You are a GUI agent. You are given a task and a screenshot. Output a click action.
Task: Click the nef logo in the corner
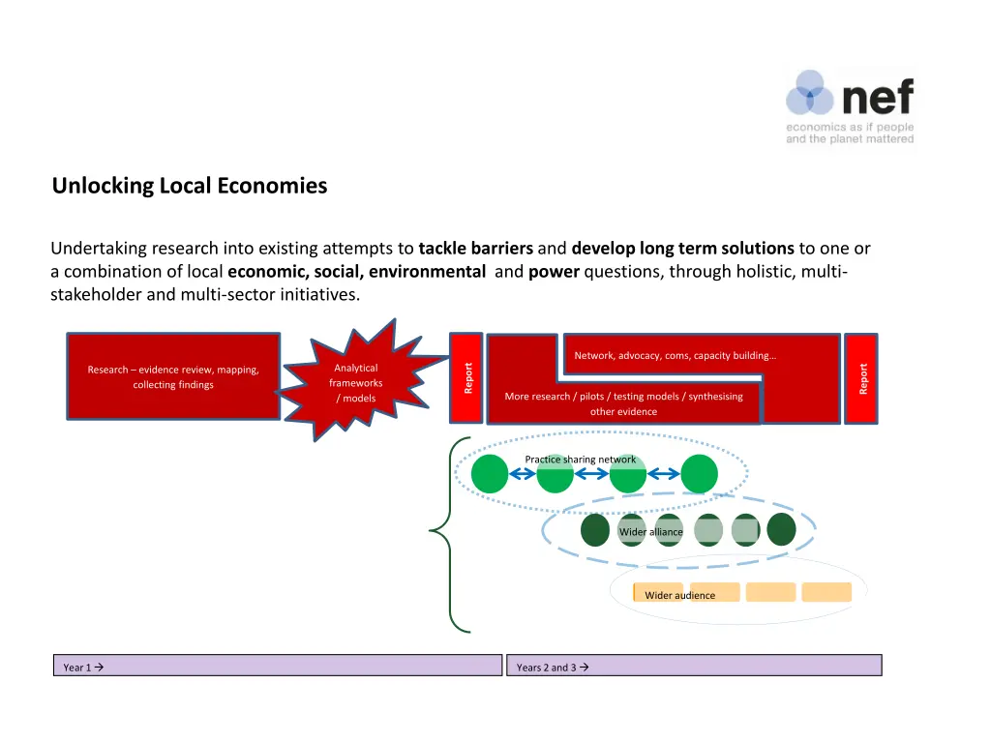pos(849,106)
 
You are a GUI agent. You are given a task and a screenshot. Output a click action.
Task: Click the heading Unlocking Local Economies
pos(190,186)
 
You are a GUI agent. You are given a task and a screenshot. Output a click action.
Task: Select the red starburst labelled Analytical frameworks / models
pos(355,383)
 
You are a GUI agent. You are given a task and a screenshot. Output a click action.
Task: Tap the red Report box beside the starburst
pos(467,377)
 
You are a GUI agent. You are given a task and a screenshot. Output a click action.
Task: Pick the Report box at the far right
pos(862,378)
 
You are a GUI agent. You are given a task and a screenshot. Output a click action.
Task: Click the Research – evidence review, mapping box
pos(173,377)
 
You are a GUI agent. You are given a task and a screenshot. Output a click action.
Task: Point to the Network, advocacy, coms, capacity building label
pos(675,355)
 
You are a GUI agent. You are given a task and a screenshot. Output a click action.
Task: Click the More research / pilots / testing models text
pos(623,397)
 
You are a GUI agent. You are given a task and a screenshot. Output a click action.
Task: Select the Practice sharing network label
pos(580,460)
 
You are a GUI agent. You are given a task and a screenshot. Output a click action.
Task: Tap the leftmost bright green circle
pos(490,474)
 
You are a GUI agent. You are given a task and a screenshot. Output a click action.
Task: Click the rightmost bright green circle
pos(699,474)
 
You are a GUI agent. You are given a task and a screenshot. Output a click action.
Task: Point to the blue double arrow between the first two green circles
pos(523,474)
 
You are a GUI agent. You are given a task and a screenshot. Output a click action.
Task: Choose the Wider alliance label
pos(650,532)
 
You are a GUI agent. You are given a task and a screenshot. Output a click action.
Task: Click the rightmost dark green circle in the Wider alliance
pos(781,529)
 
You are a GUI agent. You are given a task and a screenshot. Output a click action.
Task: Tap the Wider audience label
pos(679,595)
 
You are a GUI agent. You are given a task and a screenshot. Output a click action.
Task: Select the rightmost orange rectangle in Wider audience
pos(826,592)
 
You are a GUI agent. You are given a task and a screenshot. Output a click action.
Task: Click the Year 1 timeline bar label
pos(83,667)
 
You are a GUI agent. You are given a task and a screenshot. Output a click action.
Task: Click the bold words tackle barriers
pos(476,249)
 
